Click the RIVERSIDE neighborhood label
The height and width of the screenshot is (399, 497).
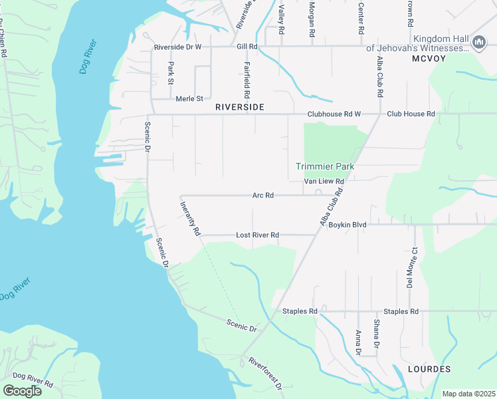coord(240,107)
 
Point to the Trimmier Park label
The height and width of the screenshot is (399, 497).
coord(325,166)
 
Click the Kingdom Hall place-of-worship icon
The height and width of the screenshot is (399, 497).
coord(478,44)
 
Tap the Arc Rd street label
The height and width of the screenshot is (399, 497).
coord(263,196)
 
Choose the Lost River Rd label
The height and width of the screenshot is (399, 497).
coord(257,235)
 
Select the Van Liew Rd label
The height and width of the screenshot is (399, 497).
coord(324,182)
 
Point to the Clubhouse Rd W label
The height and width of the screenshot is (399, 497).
coord(333,114)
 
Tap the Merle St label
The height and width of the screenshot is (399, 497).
coord(189,99)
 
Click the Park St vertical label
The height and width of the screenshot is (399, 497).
coord(171,73)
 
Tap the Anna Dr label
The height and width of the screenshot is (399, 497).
coord(358,342)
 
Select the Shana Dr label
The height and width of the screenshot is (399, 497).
coord(376,334)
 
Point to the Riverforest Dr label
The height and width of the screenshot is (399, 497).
coord(266,374)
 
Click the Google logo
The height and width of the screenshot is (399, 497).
coord(22,390)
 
